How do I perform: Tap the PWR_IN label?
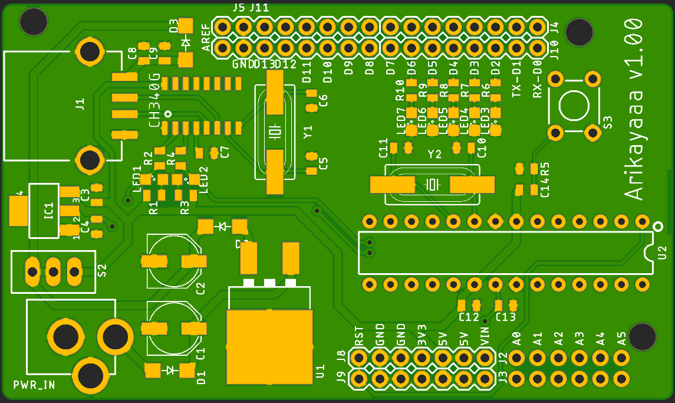[x=34, y=385]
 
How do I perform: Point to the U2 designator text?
[x=663, y=253]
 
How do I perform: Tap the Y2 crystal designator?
[x=434, y=155]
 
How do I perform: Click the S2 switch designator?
[x=102, y=271]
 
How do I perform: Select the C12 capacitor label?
[x=469, y=317]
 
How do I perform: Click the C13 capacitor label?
[x=506, y=317]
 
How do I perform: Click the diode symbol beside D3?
[x=186, y=42]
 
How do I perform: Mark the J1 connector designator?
[x=80, y=104]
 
